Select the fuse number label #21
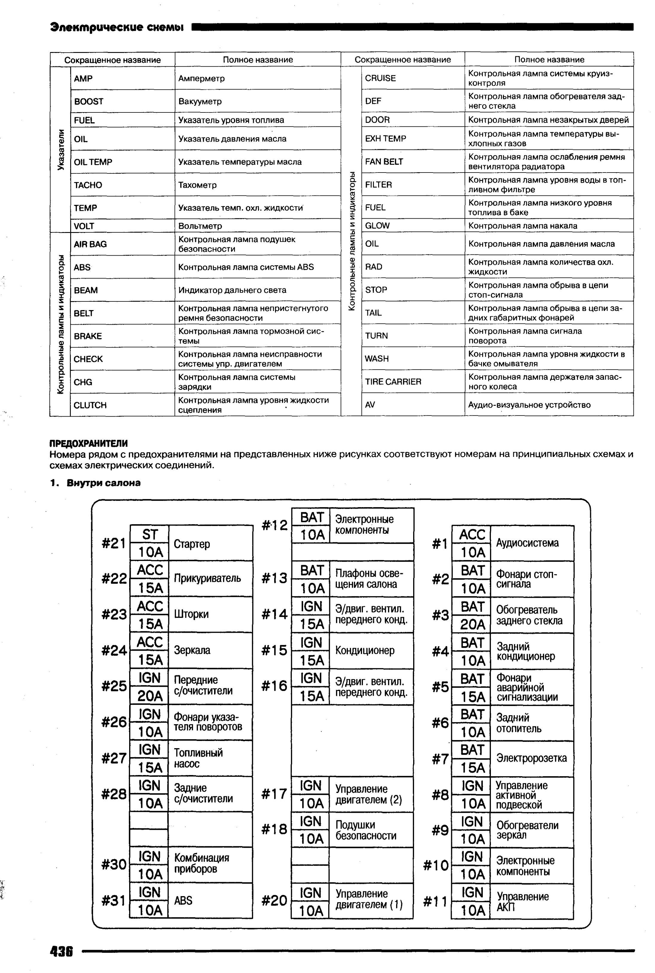[x=113, y=543]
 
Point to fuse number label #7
[x=440, y=759]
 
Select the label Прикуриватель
[x=207, y=578]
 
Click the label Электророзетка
[x=531, y=758]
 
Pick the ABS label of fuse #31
[x=183, y=900]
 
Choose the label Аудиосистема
[x=527, y=543]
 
